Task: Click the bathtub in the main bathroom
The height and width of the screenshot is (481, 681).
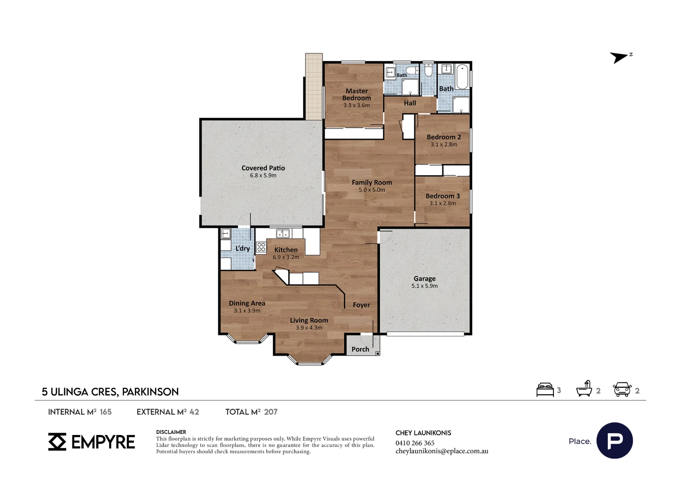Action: click(462, 77)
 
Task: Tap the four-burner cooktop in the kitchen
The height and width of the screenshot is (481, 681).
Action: click(261, 247)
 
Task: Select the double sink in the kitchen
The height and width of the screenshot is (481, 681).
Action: click(283, 234)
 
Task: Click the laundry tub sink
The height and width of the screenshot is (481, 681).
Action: click(226, 234)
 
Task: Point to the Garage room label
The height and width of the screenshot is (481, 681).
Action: click(425, 279)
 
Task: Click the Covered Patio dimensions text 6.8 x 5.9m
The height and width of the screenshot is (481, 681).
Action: click(263, 176)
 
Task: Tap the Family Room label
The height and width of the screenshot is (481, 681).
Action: click(372, 182)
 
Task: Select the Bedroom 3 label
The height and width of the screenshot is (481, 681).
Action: click(443, 196)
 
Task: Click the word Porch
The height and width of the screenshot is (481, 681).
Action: click(360, 349)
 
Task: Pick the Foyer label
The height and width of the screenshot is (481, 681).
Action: click(361, 305)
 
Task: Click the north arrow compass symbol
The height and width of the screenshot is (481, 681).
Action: click(620, 57)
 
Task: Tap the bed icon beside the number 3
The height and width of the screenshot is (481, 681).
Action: click(545, 390)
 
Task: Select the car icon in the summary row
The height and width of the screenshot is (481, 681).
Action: click(622, 389)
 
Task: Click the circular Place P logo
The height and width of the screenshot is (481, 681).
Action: click(615, 441)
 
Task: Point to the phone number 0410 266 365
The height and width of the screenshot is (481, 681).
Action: click(415, 443)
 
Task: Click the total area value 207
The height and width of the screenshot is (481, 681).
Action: click(271, 412)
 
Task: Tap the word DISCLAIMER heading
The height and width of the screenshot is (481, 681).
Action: click(171, 432)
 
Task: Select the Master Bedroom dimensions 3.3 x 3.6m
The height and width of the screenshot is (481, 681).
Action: click(357, 105)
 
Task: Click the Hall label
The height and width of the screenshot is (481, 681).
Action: click(410, 103)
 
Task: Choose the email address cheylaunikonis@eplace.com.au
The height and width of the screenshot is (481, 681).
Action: click(442, 451)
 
